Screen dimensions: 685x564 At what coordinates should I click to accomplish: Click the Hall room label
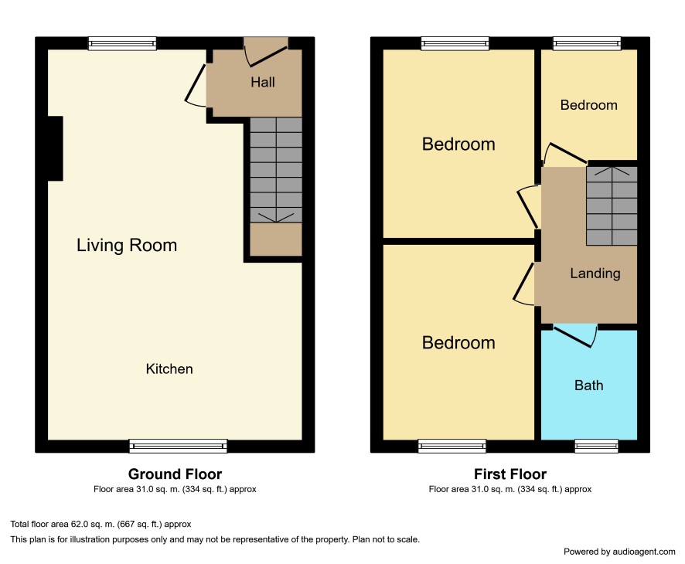coord(263,82)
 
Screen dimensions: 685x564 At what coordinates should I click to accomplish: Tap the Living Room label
coord(127,245)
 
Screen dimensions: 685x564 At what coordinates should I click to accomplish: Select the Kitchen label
coord(169,369)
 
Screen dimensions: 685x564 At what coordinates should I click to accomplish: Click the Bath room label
coord(588,386)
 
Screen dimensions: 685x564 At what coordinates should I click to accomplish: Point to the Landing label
coord(595,274)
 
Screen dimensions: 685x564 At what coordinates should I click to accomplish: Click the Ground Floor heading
coord(175,474)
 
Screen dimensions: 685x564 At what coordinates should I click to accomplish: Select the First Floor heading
coord(509,474)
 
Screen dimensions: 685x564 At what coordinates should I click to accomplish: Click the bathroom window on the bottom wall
coord(596,446)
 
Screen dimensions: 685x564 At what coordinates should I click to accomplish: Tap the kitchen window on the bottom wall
coord(179,446)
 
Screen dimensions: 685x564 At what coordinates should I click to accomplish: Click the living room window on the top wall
coord(122,43)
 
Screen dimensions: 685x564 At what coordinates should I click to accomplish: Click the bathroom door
coord(575,336)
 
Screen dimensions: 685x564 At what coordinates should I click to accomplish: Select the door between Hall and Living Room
coord(196,86)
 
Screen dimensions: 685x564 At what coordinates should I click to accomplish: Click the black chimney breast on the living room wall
coord(55,148)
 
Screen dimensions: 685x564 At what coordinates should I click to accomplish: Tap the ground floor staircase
coord(276,170)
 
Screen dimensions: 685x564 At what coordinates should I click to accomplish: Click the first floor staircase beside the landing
coord(612,206)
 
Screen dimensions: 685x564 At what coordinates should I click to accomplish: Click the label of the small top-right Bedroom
coord(588,105)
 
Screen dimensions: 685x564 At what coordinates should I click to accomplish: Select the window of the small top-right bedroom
coord(587,43)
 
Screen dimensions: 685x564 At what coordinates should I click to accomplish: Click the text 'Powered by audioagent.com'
coord(619,552)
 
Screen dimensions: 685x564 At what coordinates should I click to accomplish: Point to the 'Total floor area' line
coord(101,525)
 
